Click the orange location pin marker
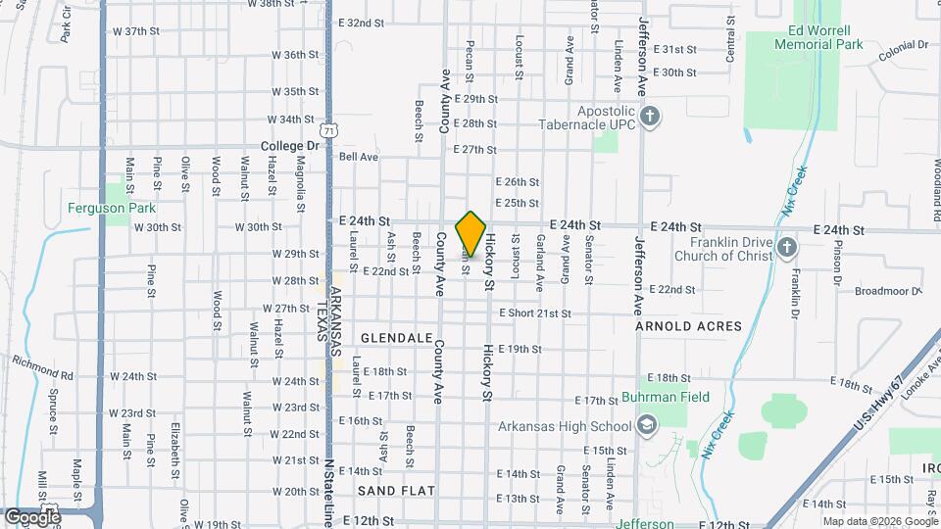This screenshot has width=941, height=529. pos(471,233)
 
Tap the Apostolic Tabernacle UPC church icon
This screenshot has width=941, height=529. pos(649,119)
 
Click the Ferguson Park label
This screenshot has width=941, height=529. pos(111,208)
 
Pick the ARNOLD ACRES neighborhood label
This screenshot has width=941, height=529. pos(688,325)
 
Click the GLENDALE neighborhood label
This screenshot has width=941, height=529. pos(396,337)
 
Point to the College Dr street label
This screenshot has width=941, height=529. pos(291,146)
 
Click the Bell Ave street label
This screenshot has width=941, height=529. pos(358,157)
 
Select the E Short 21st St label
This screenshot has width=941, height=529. pos(534,313)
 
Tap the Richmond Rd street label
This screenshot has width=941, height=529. pos(42,368)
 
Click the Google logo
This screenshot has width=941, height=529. pos(31,516)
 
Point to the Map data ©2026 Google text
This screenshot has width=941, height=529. pos(877,521)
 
